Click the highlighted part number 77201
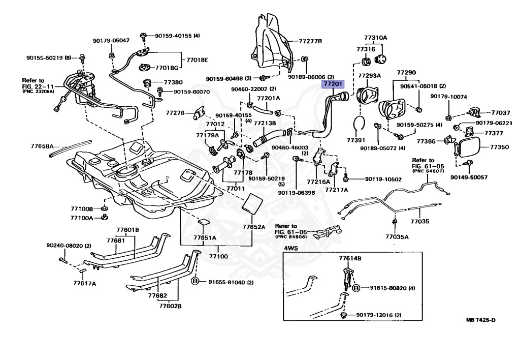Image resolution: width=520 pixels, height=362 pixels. (333, 84)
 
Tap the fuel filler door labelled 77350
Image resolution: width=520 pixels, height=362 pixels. (467, 147)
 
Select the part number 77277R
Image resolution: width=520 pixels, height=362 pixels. (310, 41)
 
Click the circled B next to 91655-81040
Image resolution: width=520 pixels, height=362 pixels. (195, 282)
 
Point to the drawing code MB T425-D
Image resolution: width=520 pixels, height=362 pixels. (481, 320)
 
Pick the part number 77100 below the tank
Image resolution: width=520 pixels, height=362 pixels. (218, 256)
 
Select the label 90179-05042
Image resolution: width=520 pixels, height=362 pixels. (111, 41)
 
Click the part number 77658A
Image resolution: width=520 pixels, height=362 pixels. (42, 146)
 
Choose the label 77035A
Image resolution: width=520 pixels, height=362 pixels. (397, 236)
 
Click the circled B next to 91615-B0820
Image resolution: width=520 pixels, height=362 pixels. (356, 288)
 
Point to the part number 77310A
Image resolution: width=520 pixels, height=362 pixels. (376, 38)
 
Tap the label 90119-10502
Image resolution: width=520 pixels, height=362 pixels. (383, 179)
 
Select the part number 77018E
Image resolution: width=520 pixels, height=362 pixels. (197, 60)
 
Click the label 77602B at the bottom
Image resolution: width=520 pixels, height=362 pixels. (171, 306)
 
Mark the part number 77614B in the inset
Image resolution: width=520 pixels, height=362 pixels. (350, 258)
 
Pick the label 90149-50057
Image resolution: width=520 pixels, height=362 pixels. (469, 177)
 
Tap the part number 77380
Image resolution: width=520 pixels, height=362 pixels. (173, 82)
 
